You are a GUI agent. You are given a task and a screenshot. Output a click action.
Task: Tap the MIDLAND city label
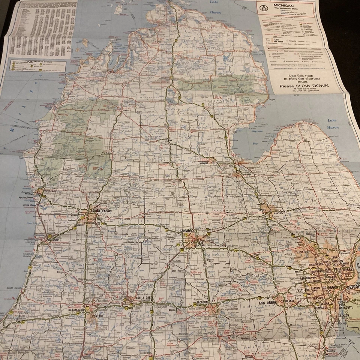coord(204,163)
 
